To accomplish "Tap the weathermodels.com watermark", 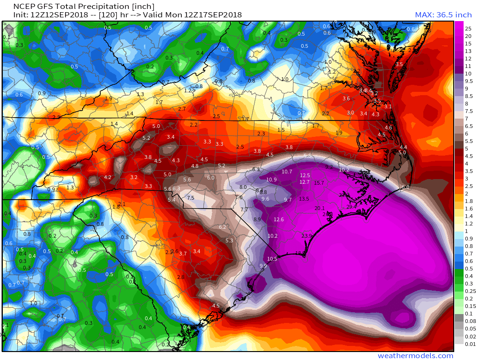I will (x=415, y=356).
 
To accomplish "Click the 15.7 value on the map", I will (x=319, y=183).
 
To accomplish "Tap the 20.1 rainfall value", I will (x=320, y=208).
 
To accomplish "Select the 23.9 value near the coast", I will (x=307, y=236).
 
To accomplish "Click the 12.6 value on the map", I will (x=279, y=219).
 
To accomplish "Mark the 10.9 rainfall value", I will (x=271, y=180).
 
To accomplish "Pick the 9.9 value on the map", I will (x=263, y=266).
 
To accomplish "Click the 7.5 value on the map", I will (x=191, y=198).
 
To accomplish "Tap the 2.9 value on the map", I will (x=56, y=117).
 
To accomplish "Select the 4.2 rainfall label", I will (x=108, y=177).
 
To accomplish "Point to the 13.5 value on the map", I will (x=304, y=199).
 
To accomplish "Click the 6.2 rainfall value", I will (x=223, y=227).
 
